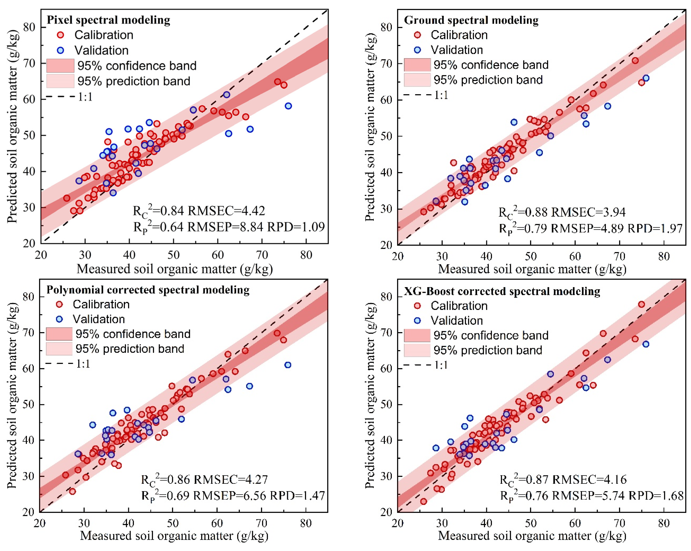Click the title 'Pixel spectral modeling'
(108, 20)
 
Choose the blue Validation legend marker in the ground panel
(417, 50)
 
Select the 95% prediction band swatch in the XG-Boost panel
(417, 350)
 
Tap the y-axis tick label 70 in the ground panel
(386, 64)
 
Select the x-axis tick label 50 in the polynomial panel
(173, 523)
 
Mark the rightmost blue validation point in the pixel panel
(288, 106)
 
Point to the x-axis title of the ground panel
(532, 269)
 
